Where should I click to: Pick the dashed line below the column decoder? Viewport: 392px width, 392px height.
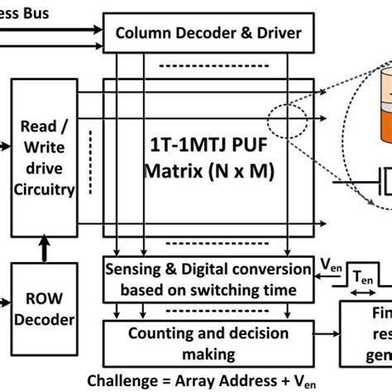pos(207,67)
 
